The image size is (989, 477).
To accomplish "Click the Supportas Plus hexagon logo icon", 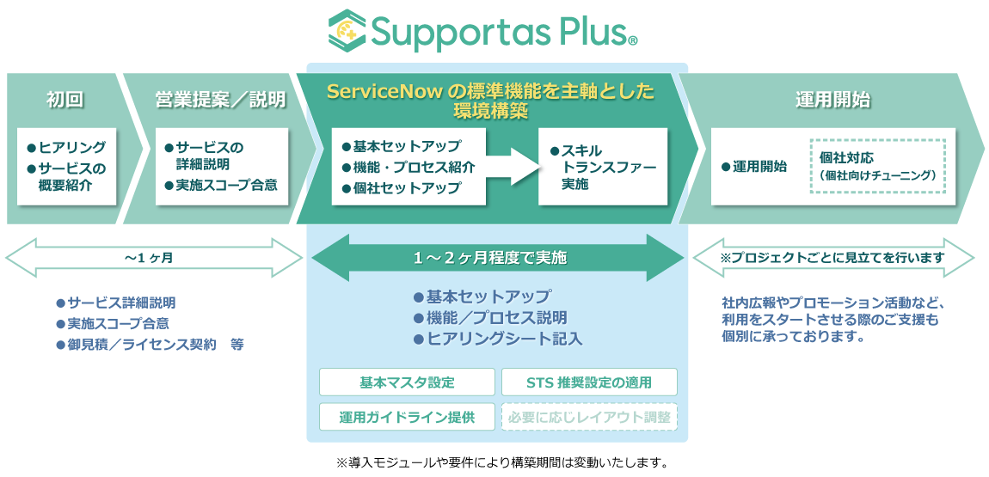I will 348,30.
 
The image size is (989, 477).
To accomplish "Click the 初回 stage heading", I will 64,100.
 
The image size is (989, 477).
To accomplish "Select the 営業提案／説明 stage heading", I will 220,100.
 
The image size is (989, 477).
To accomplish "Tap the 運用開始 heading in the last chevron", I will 832,100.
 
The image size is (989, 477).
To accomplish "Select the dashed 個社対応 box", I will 876,166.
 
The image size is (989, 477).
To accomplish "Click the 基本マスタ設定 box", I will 407,382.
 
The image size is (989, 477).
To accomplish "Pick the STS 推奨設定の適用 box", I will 589,382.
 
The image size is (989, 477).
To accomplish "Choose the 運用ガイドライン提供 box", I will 407,417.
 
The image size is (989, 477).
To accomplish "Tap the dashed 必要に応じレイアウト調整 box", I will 589,417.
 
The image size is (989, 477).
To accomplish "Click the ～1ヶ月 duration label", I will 154,257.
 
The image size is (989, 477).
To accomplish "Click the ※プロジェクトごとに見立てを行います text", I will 832,257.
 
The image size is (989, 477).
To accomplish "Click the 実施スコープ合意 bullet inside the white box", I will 226,185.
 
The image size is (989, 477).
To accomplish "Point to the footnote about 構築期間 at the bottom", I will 503,462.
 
